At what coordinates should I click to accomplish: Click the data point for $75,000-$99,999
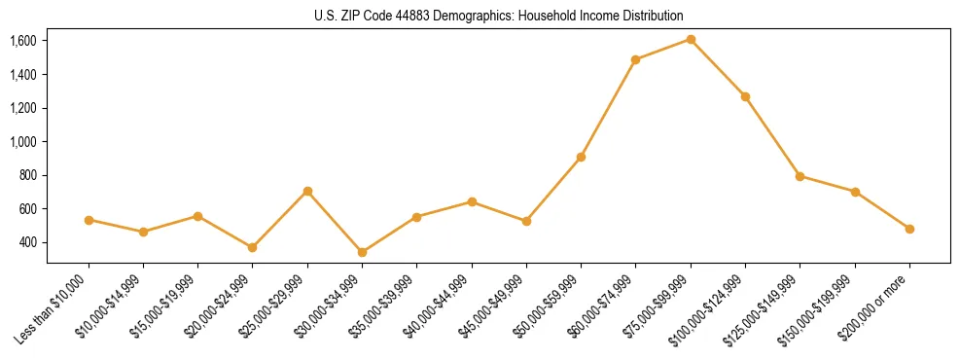(691, 39)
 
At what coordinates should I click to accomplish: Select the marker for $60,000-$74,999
(635, 59)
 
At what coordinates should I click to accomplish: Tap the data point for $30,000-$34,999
(362, 252)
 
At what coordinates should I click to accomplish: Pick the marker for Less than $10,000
(89, 220)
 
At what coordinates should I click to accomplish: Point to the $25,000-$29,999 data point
(307, 191)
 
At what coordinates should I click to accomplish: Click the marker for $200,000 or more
(909, 229)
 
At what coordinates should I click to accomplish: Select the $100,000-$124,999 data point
(745, 96)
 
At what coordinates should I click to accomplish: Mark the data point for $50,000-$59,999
(581, 157)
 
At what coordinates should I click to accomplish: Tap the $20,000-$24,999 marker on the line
(252, 247)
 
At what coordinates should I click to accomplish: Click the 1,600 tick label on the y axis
(23, 41)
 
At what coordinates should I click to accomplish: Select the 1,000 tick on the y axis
(23, 141)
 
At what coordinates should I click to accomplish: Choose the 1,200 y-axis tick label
(23, 108)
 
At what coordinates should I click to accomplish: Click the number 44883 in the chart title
(403, 17)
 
